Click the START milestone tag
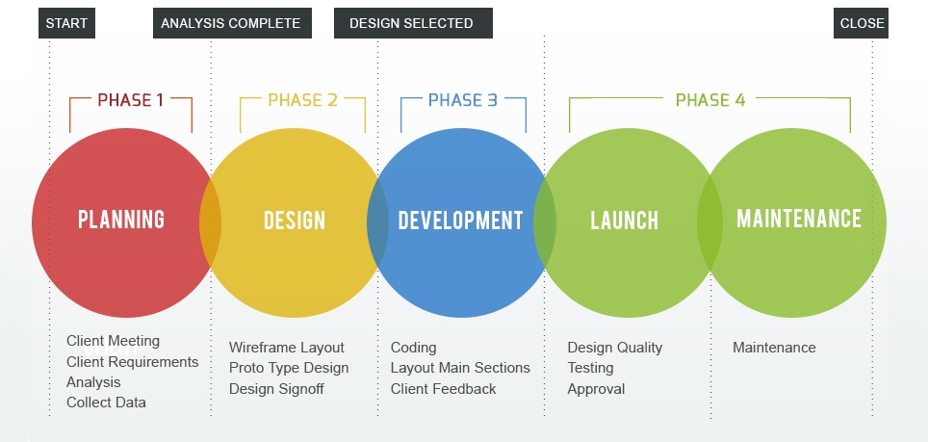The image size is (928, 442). (66, 23)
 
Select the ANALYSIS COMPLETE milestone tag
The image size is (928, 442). (231, 23)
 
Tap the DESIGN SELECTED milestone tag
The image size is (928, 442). (412, 23)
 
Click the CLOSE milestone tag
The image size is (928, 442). (861, 23)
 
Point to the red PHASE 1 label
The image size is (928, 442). (130, 100)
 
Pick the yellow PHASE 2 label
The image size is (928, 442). (302, 100)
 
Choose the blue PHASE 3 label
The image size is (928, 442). (463, 100)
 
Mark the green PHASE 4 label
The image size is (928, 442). (709, 100)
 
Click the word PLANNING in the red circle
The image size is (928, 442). (121, 220)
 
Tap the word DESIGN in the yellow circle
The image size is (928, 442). (295, 221)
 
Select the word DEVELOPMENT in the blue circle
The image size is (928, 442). (460, 221)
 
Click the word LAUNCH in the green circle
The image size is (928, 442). (624, 221)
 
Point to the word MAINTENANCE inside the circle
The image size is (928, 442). (798, 219)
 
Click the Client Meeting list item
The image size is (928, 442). (113, 341)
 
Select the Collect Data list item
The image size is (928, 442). (106, 403)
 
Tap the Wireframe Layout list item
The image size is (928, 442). (286, 348)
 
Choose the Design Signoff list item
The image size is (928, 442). (276, 389)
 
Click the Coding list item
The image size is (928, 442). (413, 348)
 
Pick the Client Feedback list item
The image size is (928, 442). (443, 389)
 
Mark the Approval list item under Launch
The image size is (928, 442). (596, 389)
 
